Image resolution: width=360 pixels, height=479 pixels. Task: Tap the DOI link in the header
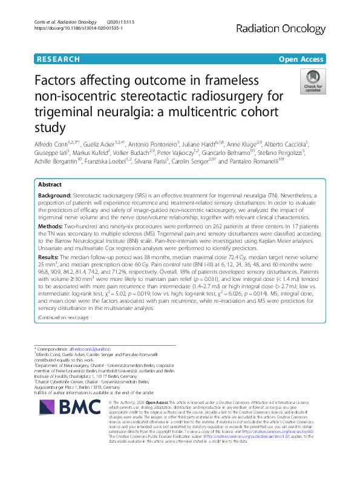[x=71, y=28]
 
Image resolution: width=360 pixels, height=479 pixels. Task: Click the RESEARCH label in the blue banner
[x=58, y=59]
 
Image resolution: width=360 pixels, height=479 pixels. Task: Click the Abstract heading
[x=50, y=185]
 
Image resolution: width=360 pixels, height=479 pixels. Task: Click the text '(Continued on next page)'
[x=62, y=317]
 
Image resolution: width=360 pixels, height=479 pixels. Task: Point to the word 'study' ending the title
[x=49, y=127]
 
